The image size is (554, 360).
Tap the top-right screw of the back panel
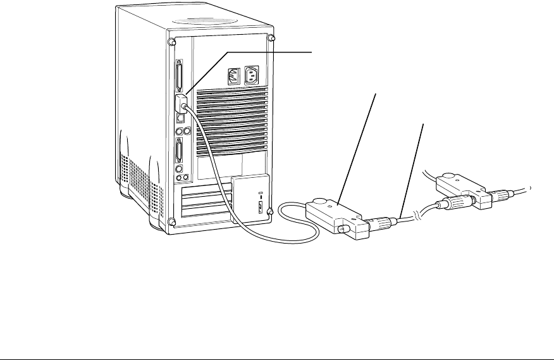(x=271, y=38)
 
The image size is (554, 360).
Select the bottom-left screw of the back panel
(x=171, y=221)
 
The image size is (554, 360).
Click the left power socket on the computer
(x=232, y=76)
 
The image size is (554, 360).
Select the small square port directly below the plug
(x=180, y=118)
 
